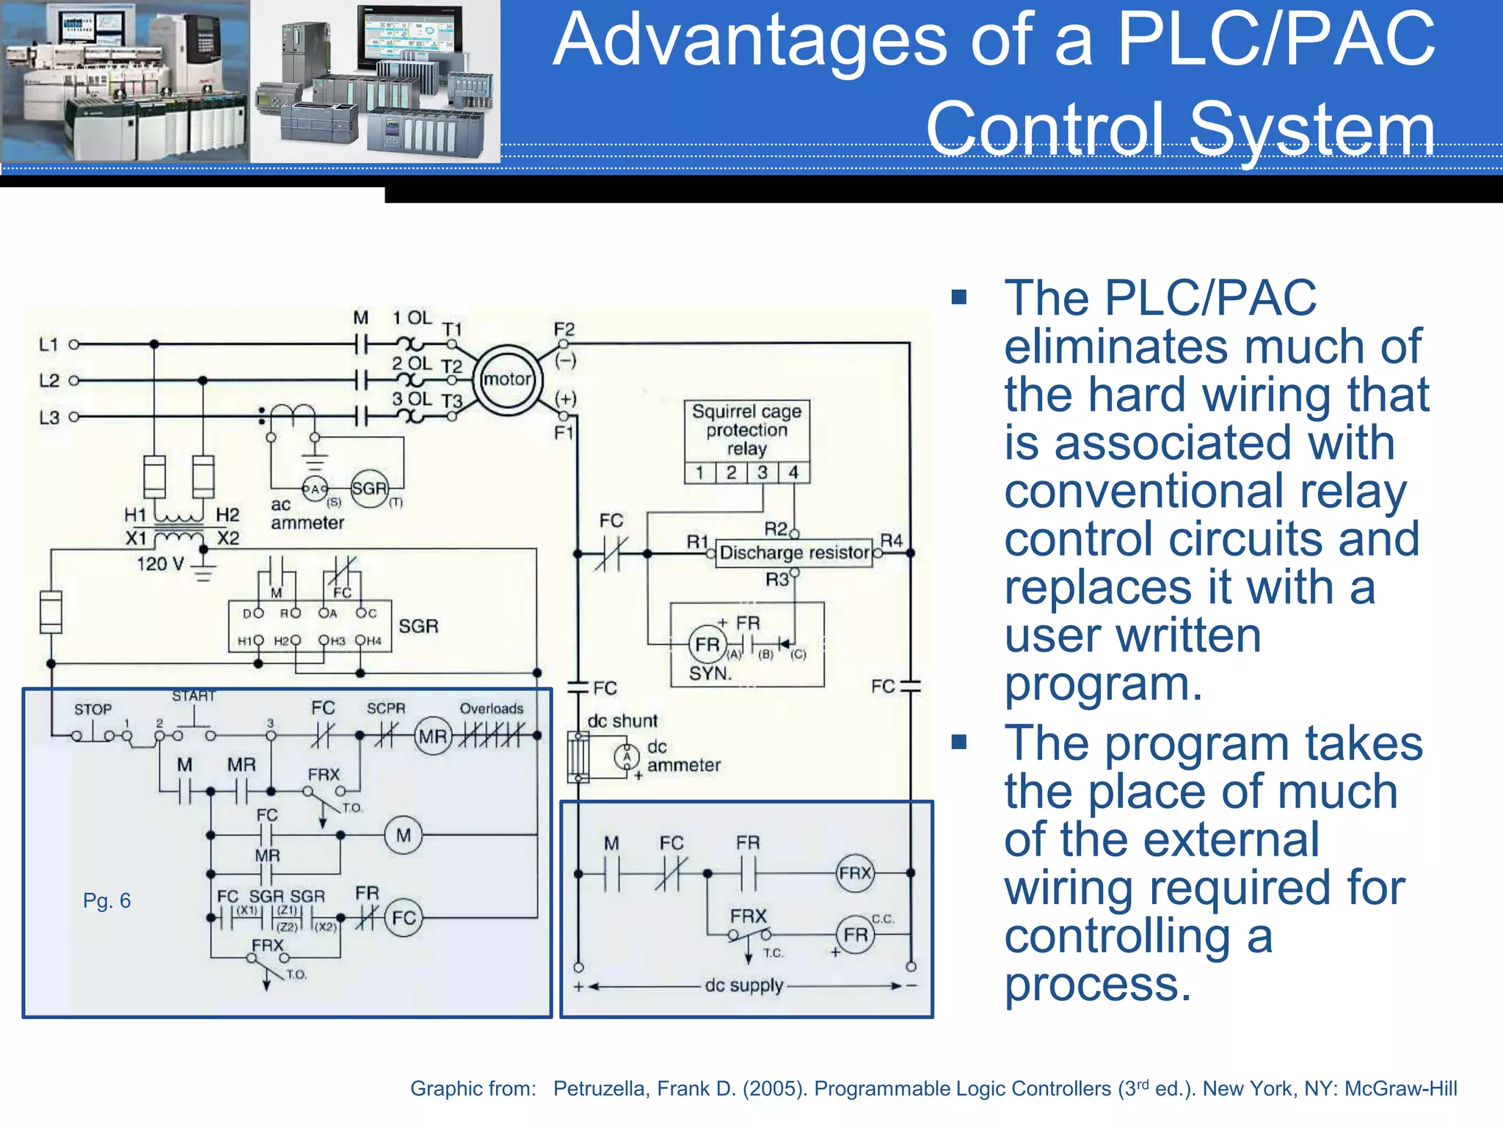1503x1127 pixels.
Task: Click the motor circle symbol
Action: click(x=507, y=380)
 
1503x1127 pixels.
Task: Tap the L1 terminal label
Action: click(x=48, y=344)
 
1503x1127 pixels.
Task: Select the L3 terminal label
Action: click(x=48, y=417)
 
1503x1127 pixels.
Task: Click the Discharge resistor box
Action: click(x=794, y=552)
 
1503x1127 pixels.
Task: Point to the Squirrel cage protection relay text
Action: click(x=746, y=430)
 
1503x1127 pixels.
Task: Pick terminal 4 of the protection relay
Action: click(x=793, y=473)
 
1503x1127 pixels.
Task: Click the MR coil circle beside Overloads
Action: click(x=433, y=736)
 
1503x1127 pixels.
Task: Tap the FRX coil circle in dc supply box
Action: click(x=855, y=873)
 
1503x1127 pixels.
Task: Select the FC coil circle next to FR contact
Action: click(x=404, y=918)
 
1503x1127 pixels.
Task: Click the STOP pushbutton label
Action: click(x=92, y=710)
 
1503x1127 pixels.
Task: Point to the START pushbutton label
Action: click(x=194, y=696)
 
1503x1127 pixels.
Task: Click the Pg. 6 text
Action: click(x=106, y=901)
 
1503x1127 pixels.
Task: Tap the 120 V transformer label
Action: click(x=160, y=564)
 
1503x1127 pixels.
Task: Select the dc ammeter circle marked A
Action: click(x=626, y=756)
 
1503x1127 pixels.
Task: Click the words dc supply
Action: click(x=743, y=985)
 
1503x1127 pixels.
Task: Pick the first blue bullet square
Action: click(x=958, y=297)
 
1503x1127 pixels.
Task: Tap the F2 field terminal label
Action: click(x=564, y=329)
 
